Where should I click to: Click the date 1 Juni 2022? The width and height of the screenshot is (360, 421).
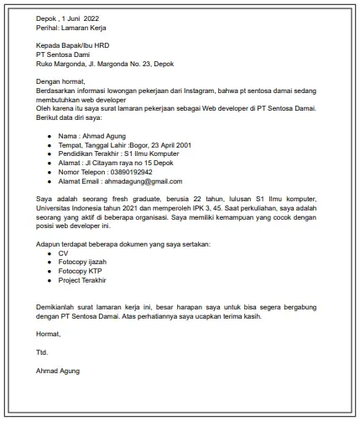click(x=82, y=18)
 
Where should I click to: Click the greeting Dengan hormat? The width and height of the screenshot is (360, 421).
click(x=60, y=81)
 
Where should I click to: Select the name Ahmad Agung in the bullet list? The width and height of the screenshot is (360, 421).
click(x=102, y=135)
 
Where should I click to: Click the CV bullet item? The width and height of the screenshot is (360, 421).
click(x=64, y=252)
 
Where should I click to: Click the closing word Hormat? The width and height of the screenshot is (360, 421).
click(x=49, y=334)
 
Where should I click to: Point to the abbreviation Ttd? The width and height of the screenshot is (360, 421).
click(x=43, y=352)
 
